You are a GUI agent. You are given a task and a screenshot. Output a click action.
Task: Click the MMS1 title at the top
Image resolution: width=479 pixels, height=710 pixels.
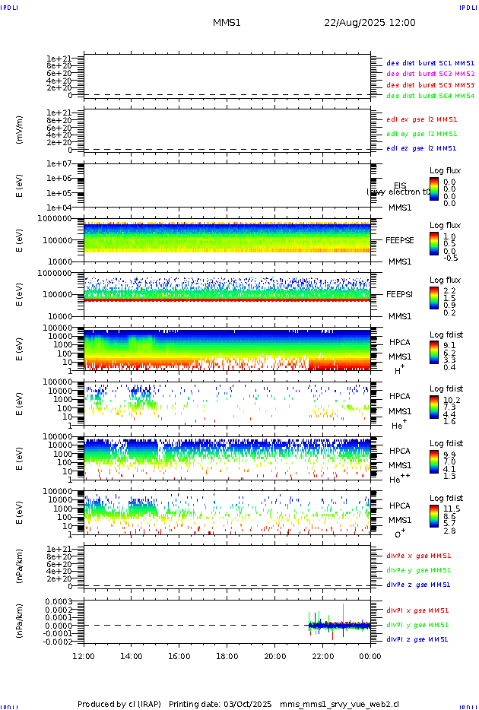[227, 23]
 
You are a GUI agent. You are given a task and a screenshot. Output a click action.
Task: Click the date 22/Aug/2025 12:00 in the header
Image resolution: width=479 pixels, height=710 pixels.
[370, 23]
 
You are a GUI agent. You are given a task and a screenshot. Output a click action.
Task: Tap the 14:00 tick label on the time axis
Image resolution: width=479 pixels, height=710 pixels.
[132, 656]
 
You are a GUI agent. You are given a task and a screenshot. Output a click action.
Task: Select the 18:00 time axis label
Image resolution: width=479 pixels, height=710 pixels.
[227, 656]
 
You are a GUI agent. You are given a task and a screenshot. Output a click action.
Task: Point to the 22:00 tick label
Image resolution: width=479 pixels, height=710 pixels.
[322, 656]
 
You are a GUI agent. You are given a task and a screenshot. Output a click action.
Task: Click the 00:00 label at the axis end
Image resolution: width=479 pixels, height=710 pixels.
[370, 656]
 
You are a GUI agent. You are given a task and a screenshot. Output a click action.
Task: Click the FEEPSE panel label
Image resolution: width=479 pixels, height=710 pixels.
[400, 240]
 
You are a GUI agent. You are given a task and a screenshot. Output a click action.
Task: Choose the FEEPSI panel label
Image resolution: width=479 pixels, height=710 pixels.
[400, 293]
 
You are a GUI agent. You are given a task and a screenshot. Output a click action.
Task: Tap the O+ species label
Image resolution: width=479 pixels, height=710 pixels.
[400, 534]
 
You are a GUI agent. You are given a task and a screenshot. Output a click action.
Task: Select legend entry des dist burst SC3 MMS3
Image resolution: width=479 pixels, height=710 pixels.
[430, 85]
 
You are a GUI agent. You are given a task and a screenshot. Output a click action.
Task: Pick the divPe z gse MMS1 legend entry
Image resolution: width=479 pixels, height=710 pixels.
[418, 585]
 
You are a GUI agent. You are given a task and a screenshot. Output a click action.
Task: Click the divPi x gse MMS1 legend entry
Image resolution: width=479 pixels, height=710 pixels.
[417, 610]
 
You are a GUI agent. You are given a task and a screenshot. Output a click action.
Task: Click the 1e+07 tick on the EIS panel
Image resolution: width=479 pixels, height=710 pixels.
[59, 164]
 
